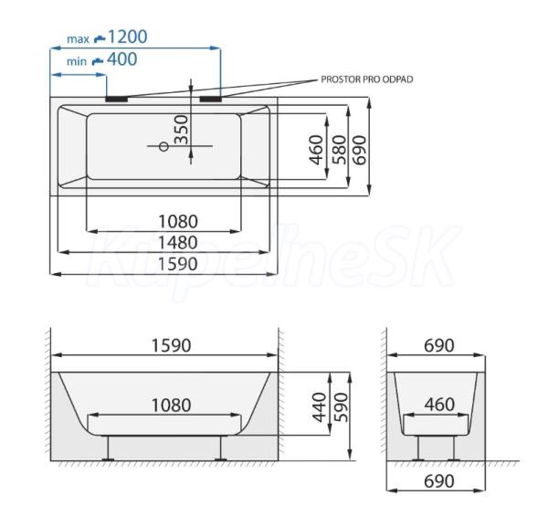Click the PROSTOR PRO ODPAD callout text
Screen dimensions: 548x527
click(367, 79)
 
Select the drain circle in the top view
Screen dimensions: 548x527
click(163, 146)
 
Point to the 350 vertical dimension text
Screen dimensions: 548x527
click(182, 130)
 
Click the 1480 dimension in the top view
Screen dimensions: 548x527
click(178, 243)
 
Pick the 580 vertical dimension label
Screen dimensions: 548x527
click(340, 150)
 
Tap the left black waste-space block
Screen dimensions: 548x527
click(117, 100)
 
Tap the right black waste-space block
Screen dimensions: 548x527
click(211, 100)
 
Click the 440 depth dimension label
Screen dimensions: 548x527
click(320, 407)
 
